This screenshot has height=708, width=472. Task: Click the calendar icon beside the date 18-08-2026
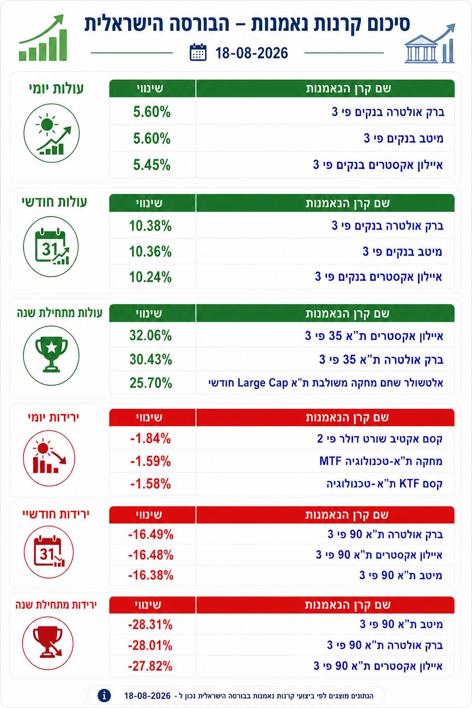(198, 52)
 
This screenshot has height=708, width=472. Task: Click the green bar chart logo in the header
(43, 38)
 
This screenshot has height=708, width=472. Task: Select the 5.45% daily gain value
(152, 165)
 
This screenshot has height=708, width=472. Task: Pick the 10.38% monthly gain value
(150, 226)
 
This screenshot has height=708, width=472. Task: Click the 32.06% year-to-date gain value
(150, 336)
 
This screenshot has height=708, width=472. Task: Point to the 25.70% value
(151, 383)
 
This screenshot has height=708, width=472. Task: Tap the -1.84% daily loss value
(150, 439)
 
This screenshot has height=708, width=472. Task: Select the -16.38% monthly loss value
(151, 575)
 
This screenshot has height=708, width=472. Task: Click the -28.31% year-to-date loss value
(150, 625)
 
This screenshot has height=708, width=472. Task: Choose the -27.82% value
(150, 666)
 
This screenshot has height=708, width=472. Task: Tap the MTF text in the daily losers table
(330, 461)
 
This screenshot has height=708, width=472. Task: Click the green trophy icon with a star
(51, 354)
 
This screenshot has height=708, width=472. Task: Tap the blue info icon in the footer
(104, 696)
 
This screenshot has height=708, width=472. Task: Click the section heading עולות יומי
(56, 88)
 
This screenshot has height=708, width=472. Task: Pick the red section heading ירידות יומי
(53, 417)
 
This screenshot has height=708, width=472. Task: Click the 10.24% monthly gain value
(150, 277)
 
